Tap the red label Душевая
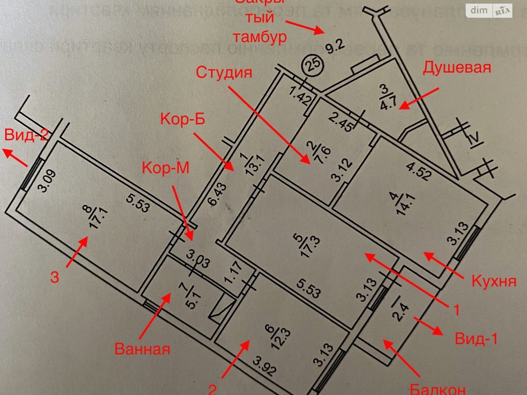(457, 68)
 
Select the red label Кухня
(494, 282)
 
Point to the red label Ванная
(142, 348)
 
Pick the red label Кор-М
(166, 168)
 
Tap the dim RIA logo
(489, 11)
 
